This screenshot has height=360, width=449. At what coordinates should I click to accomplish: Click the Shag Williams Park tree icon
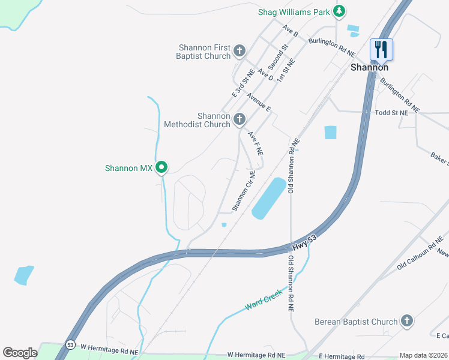coord(339,11)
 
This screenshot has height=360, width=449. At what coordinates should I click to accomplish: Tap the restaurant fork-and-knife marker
coord(381,49)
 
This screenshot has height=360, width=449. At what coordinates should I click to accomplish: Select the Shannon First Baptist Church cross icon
coord(240,51)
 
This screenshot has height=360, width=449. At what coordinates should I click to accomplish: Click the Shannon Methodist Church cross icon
coord(240,119)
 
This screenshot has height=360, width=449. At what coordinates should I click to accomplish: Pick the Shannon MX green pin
coord(161,167)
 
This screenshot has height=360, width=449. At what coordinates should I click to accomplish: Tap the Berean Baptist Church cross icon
coord(407,321)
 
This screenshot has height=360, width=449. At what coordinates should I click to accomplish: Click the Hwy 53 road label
coord(304,243)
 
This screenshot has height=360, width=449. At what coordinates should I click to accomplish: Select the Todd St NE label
coord(391,112)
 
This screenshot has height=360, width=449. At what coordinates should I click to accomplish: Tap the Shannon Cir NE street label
coord(244,191)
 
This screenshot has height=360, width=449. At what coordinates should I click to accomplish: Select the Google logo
coord(20,353)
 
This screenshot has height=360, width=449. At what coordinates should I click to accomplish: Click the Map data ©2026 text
coord(423,355)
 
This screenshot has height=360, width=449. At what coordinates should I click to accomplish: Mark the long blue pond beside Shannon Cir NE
coord(268,198)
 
